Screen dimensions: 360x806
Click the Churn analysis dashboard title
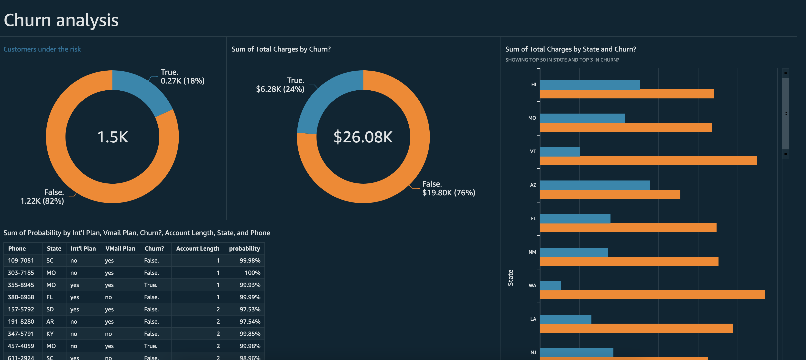click(x=61, y=20)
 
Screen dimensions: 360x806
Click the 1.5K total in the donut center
click(x=112, y=137)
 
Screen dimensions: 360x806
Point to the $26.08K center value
click(x=363, y=137)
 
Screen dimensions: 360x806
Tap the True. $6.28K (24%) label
click(x=280, y=85)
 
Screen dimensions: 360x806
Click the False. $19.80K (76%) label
click(x=448, y=188)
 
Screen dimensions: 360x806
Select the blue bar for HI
click(x=590, y=85)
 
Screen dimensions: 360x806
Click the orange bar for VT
click(x=648, y=161)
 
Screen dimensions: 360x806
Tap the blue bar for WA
click(x=550, y=286)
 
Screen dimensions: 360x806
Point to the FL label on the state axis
click(x=534, y=219)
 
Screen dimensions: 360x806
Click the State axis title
click(x=510, y=278)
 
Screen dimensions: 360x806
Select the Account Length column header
click(x=197, y=249)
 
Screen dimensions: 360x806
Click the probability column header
click(x=244, y=249)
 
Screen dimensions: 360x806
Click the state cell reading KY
click(x=50, y=334)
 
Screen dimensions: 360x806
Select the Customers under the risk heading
click(x=42, y=49)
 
